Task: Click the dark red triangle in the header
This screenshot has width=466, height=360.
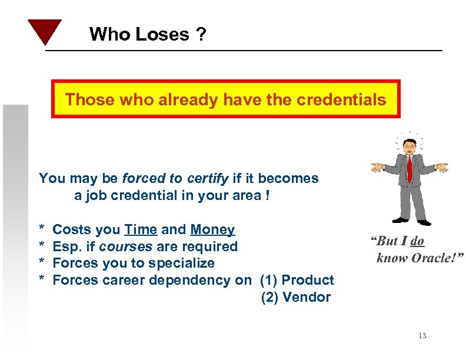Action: (44, 31)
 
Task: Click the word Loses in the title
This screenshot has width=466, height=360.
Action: (162, 35)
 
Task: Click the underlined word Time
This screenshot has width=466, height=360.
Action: (140, 229)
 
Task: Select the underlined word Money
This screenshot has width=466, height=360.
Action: (212, 229)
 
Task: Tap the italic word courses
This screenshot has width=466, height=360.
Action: (120, 246)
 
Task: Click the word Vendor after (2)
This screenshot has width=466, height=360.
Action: (307, 297)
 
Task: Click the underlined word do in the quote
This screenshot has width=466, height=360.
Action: (417, 241)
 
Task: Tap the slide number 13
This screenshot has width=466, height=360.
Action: (422, 335)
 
